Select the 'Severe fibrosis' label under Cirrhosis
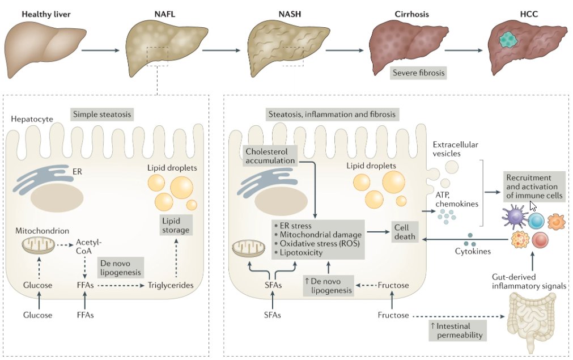[x=418, y=73]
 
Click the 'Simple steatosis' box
[x=102, y=115]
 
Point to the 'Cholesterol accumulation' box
[x=270, y=156]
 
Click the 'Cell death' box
[x=406, y=231]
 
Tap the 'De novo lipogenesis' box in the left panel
[x=120, y=268]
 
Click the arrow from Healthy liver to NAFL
[x=100, y=50]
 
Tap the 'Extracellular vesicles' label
[x=455, y=149]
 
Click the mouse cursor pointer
[x=533, y=206]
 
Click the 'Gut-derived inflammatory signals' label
[x=530, y=281]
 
